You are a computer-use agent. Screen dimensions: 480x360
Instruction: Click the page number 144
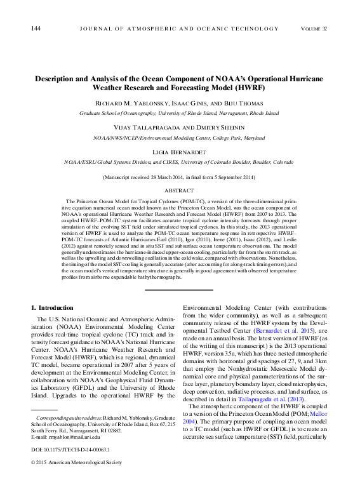click(x=36, y=29)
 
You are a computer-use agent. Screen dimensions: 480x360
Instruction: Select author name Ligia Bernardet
click(x=179, y=152)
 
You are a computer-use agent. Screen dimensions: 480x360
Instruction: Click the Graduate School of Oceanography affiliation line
click(x=179, y=113)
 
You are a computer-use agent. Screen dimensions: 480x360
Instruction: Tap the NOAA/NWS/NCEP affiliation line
click(x=179, y=138)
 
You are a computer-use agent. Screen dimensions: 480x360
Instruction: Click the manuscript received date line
click(x=179, y=179)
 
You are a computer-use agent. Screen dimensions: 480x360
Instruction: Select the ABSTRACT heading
click(x=179, y=190)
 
